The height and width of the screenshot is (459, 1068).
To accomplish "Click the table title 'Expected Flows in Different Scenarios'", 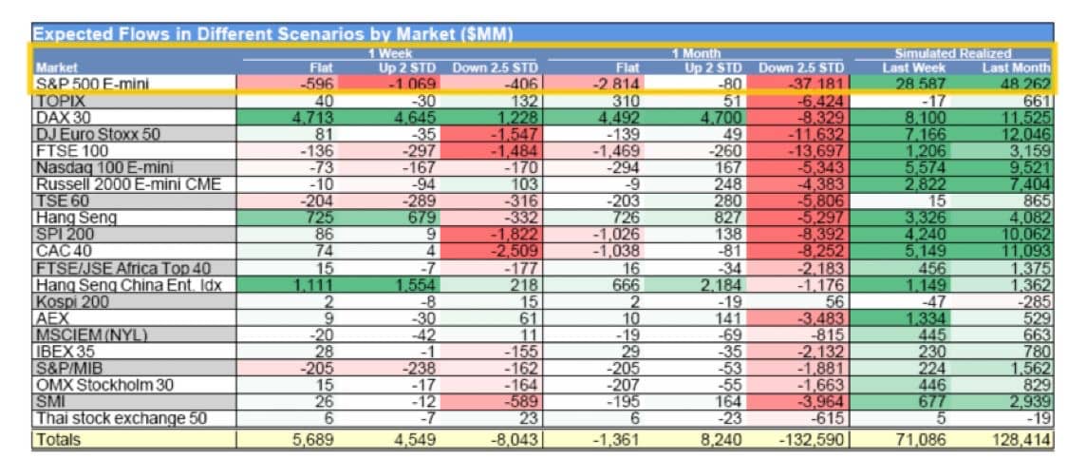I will coord(273,34).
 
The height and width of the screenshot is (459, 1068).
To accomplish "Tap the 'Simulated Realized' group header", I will coord(952,54).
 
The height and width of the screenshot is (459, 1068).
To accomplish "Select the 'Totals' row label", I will coord(59,440).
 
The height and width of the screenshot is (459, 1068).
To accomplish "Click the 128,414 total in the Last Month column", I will coord(1016,440).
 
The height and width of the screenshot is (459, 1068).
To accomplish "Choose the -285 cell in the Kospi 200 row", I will coord(1029,301).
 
